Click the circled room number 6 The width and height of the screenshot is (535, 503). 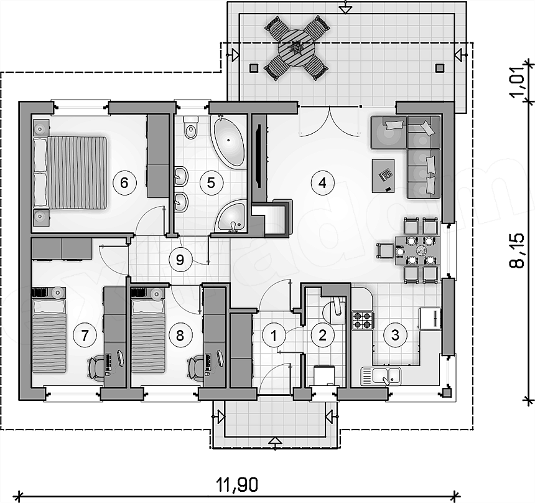click(124, 182)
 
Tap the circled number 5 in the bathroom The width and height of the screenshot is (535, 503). click(212, 182)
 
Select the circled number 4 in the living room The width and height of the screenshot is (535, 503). click(322, 183)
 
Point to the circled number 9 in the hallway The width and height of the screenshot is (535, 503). click(180, 260)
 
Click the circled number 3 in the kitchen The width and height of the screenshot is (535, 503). click(395, 335)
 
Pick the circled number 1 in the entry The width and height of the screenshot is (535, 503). click(274, 336)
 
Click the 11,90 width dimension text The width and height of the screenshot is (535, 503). click(238, 484)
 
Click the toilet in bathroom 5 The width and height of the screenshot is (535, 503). click(191, 128)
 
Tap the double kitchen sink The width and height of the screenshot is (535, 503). click(381, 375)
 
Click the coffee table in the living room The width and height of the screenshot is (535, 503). click(383, 176)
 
